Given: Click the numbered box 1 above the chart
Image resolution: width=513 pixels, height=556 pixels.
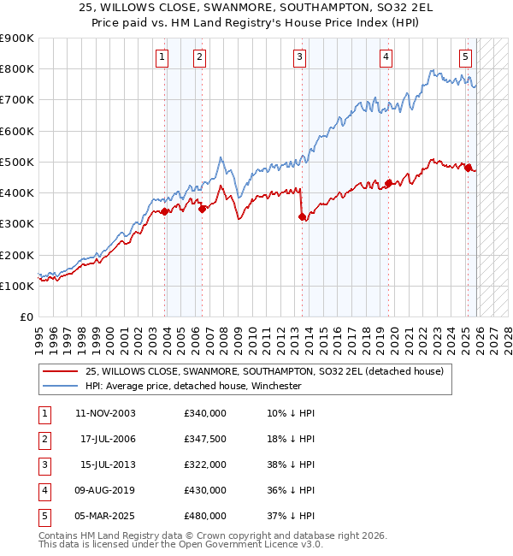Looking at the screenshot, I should click(162, 57).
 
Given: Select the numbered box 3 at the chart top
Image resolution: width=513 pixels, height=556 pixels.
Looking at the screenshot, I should click(300, 57).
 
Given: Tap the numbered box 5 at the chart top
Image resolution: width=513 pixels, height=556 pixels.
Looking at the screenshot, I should click(465, 57).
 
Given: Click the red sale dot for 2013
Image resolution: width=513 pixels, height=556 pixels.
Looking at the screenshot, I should click(302, 217).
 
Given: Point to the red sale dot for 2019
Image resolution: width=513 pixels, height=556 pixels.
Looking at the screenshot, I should click(388, 183).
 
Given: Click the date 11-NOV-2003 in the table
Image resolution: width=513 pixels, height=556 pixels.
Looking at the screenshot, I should click(106, 413).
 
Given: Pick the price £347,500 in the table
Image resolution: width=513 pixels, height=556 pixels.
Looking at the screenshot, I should click(205, 439).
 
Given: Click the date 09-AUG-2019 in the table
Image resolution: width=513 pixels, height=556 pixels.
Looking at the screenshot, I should click(106, 490).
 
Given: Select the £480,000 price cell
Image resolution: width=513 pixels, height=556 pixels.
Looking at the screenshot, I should click(205, 516).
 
